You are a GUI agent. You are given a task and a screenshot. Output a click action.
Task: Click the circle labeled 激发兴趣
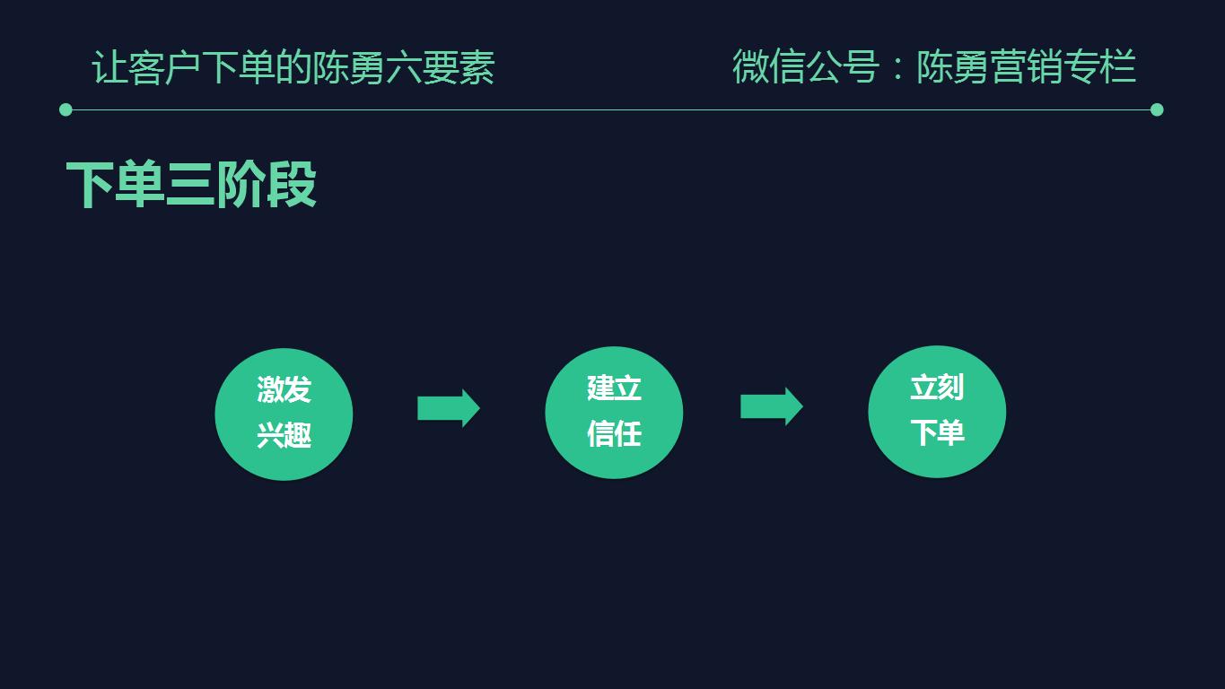coord(284,414)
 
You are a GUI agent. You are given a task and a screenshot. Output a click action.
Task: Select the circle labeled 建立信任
coord(614,412)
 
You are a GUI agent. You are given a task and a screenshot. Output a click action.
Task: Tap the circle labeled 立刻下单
coord(937,411)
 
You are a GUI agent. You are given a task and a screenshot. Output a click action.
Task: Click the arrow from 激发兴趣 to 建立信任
coord(448,408)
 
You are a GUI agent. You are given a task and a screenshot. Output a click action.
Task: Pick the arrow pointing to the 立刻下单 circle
coord(771,406)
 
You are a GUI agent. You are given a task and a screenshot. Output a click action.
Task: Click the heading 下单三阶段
coord(191,185)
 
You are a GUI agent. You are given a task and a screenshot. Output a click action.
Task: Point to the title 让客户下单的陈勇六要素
coord(293,68)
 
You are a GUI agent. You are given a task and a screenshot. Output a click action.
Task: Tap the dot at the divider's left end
coord(66,109)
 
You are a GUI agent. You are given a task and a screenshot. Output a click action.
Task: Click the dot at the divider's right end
coord(1157,109)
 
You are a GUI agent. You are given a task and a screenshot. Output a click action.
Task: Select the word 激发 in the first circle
coord(284,390)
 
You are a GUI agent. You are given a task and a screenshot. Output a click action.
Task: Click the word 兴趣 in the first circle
coord(284,436)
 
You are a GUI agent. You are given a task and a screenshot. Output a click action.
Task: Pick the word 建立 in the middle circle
coord(614,388)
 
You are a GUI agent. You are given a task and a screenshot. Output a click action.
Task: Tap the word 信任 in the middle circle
coord(614,434)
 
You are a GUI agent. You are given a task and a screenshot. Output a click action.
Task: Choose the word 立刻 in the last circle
coord(937,388)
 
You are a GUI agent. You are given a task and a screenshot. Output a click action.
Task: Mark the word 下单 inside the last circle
coord(937,432)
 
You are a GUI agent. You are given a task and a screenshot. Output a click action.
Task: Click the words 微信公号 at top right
coord(805,67)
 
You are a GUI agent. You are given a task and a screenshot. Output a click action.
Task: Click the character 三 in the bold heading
coord(190,185)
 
